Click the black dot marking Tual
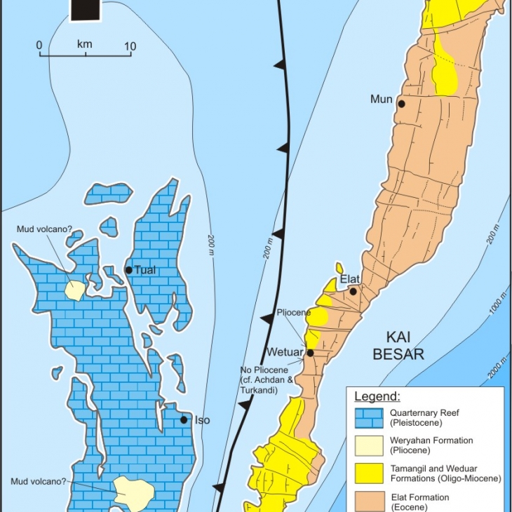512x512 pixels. click(x=128, y=270)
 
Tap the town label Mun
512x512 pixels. click(x=382, y=99)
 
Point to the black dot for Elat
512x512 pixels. click(x=353, y=292)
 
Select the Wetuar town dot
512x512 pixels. click(x=310, y=353)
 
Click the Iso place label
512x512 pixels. click(x=201, y=420)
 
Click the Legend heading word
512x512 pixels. click(x=377, y=397)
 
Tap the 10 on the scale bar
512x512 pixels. click(x=130, y=46)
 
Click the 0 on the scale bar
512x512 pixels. click(x=39, y=46)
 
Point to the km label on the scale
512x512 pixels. click(x=85, y=43)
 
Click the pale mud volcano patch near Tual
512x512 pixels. click(x=74, y=290)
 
